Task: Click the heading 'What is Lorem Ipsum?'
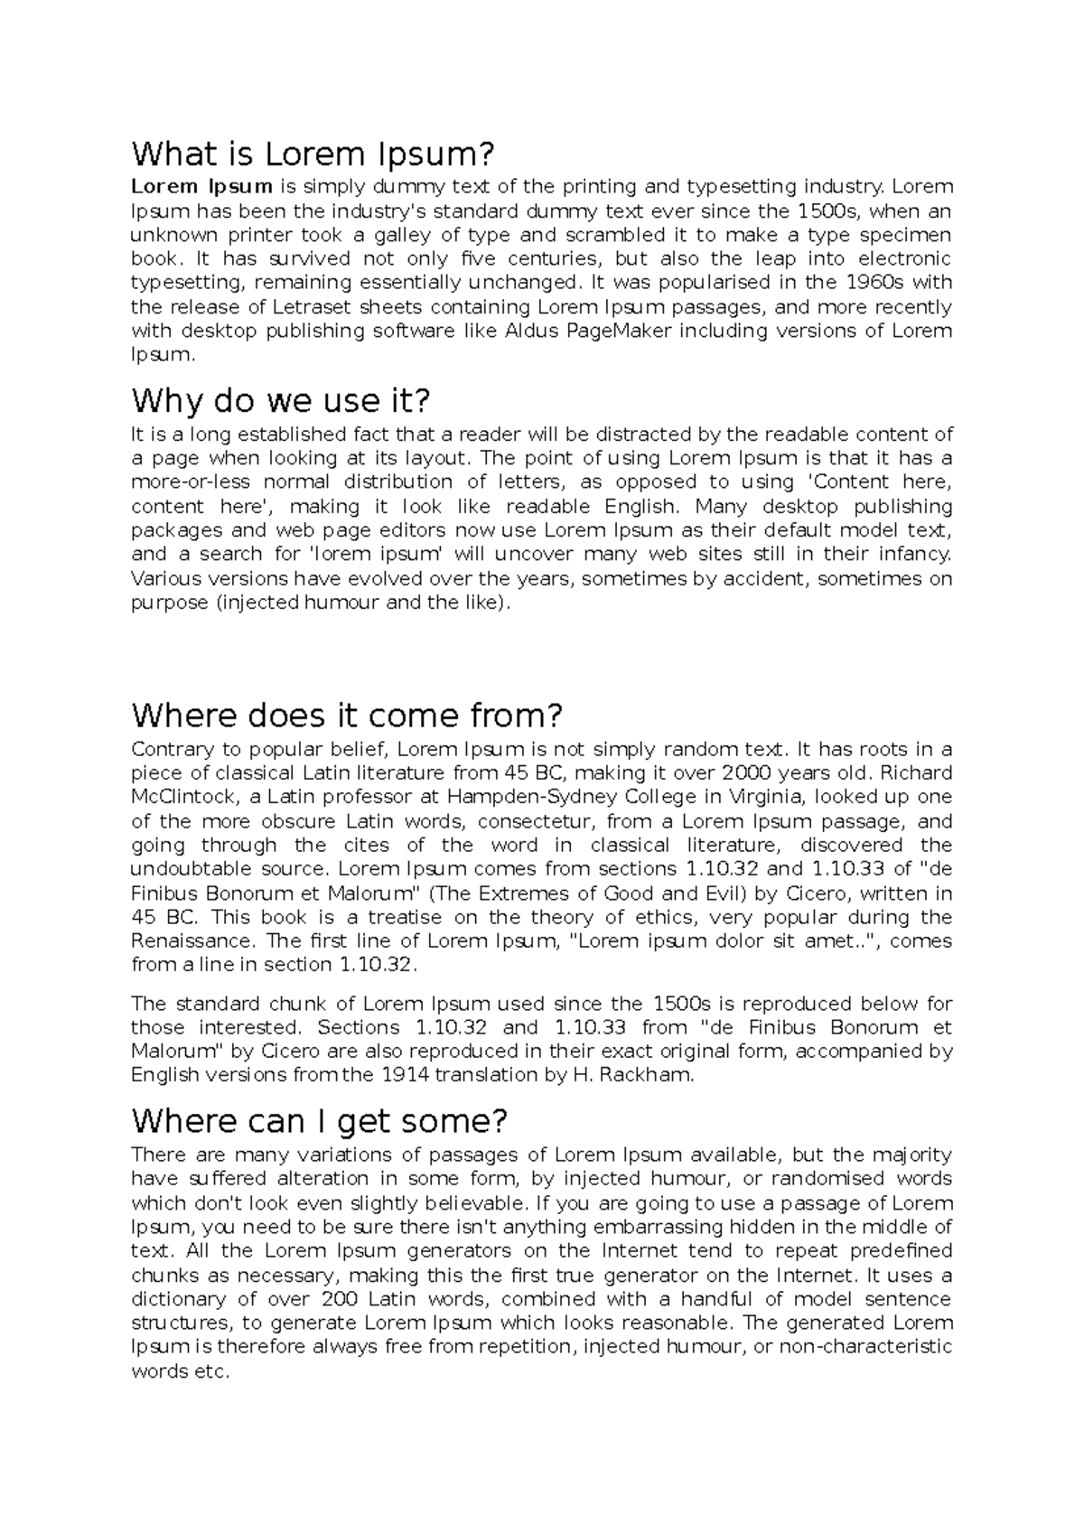[x=313, y=154]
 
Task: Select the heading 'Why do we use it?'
[x=282, y=399]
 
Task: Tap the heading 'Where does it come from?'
[x=347, y=716]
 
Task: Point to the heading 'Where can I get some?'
[x=320, y=1121]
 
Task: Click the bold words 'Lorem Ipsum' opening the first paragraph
[x=201, y=187]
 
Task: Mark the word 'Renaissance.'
[x=194, y=940]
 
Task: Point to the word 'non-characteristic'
[x=865, y=1347]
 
